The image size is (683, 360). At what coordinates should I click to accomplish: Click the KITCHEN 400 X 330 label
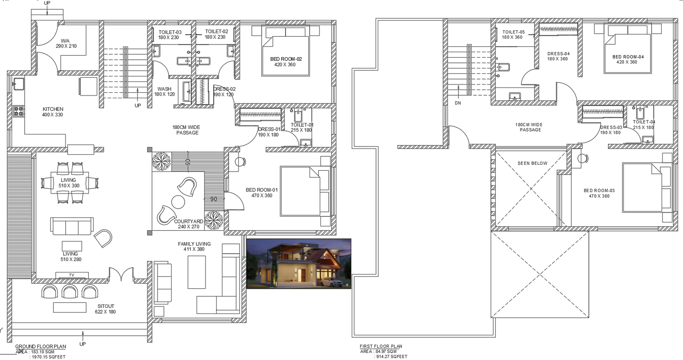tap(53, 112)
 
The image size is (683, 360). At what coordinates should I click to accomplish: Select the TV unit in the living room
tap(72, 275)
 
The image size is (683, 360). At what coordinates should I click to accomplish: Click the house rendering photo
tap(299, 263)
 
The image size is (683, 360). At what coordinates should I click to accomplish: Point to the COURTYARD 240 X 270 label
tap(189, 224)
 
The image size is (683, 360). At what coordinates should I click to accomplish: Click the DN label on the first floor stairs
tap(458, 103)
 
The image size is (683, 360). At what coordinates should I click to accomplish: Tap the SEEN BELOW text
tap(532, 163)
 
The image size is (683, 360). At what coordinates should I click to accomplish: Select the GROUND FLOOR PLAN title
tap(41, 346)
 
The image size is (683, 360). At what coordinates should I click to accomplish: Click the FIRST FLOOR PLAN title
tap(381, 346)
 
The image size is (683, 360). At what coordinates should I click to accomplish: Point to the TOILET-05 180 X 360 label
tap(513, 35)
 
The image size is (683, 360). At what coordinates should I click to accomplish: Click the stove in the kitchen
tap(18, 111)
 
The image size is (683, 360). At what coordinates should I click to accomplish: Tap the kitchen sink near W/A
tap(18, 83)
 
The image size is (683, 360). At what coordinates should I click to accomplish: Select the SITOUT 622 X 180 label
tap(105, 309)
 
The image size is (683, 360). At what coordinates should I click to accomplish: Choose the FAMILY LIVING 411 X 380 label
tap(194, 246)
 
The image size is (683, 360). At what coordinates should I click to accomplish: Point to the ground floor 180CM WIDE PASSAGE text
tap(187, 130)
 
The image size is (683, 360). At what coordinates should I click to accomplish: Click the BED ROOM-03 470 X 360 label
tap(599, 193)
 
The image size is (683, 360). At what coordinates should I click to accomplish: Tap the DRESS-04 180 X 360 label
tap(558, 56)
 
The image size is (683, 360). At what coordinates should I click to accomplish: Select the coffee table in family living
tap(196, 272)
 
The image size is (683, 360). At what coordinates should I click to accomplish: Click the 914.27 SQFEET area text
tap(391, 356)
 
